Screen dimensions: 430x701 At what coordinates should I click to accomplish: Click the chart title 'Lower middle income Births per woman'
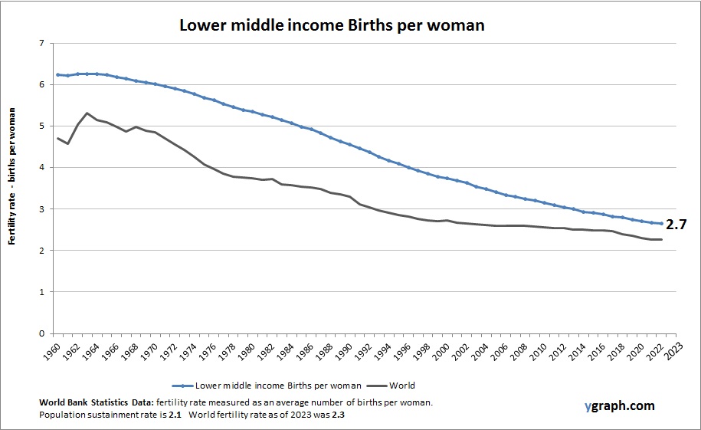332,25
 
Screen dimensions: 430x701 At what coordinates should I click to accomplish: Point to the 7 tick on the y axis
41,43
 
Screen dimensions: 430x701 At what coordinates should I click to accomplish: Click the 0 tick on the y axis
41,333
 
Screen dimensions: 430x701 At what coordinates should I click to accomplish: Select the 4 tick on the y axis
41,168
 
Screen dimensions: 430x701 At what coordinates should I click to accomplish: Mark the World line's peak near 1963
87,113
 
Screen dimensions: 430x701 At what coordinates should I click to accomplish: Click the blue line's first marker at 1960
57,74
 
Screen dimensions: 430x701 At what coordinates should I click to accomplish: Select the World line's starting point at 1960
57,138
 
